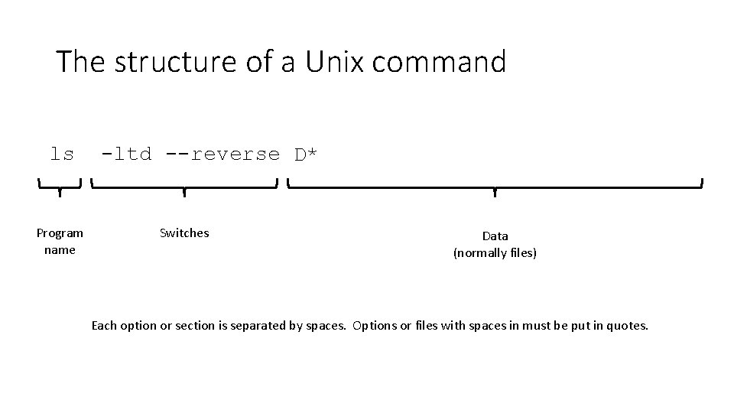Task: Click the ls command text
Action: pos(62,154)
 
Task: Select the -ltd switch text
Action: pos(127,154)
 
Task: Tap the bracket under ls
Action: pos(60,186)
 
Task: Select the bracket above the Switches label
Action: pos(183,186)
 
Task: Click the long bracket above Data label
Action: pos(495,186)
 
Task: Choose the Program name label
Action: pos(60,241)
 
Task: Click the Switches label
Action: pos(184,233)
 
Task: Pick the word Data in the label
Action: pos(495,236)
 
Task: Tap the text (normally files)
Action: pos(495,252)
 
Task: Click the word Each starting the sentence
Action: pos(104,326)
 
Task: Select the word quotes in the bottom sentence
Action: pos(626,326)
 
